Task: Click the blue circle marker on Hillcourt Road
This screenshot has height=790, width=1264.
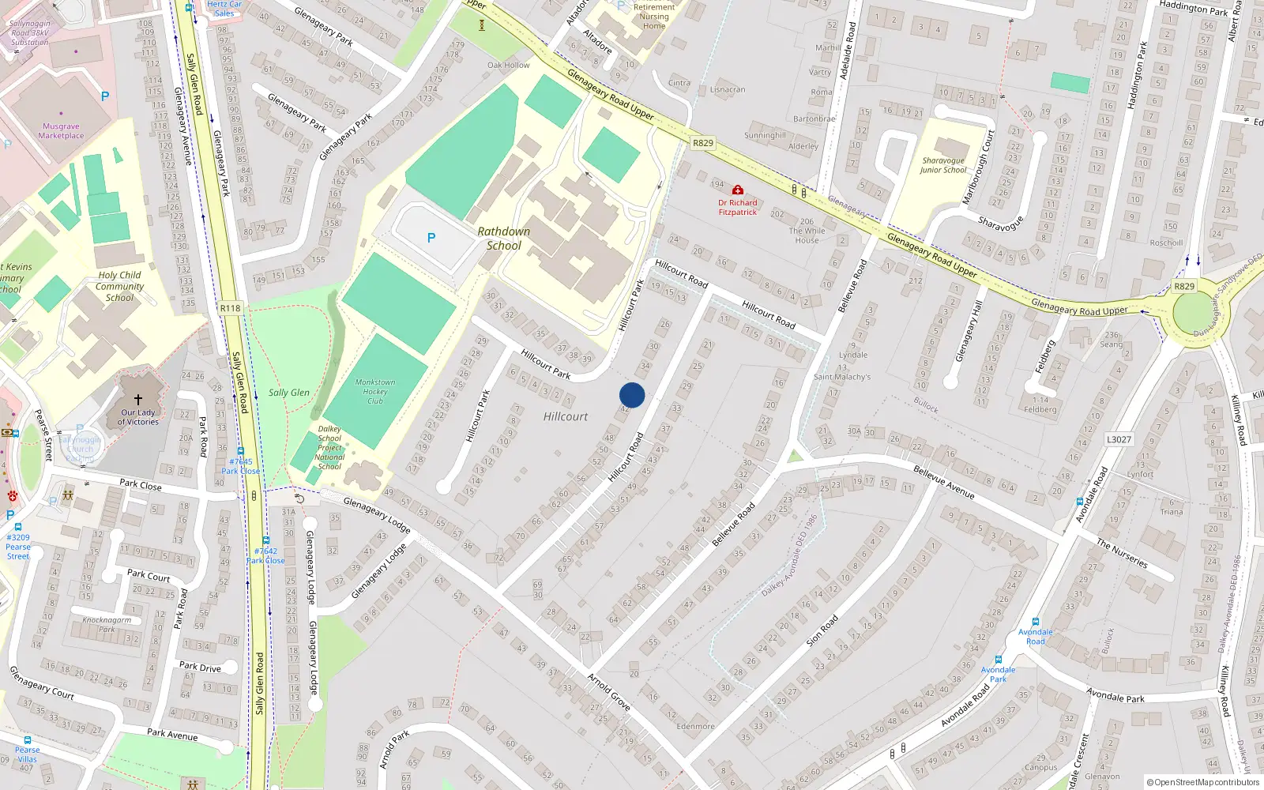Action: coord(632,395)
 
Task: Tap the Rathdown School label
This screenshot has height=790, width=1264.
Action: coord(504,239)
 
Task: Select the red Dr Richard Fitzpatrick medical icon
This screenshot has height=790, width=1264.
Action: coord(737,190)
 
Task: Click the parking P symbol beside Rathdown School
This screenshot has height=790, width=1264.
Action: coord(431,238)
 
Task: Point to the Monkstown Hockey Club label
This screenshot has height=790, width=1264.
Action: coord(375,391)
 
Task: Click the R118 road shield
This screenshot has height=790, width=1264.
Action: coord(230,308)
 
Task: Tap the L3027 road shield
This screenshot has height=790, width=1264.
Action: coord(1119,439)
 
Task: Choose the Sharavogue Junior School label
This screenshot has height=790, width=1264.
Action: coord(943,165)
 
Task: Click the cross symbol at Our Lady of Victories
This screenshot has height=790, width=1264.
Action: coord(138,400)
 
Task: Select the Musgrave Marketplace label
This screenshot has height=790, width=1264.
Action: coord(61,131)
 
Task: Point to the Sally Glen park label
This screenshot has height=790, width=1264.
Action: coord(289,393)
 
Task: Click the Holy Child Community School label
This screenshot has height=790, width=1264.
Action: coord(119,287)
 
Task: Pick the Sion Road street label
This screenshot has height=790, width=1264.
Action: coord(822,631)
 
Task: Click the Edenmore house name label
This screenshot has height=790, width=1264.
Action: coord(695,727)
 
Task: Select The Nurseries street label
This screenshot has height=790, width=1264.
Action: coord(1122,553)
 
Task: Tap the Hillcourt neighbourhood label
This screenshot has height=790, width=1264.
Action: coord(566,416)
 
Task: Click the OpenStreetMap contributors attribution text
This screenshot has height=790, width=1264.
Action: coord(1203,782)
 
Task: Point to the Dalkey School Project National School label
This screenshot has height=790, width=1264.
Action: coord(330,447)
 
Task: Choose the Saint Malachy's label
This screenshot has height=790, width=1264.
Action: coord(842,377)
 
